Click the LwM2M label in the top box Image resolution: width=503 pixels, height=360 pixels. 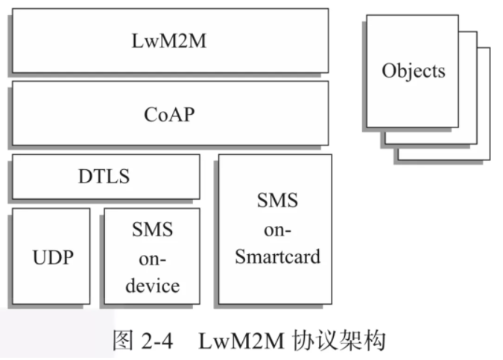pyautogui.click(x=170, y=40)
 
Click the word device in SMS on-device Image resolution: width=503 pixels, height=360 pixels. pyautogui.click(x=152, y=285)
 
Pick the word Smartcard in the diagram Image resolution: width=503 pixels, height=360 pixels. pyautogui.click(x=277, y=257)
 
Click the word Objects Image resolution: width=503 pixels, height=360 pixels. pyautogui.click(x=413, y=71)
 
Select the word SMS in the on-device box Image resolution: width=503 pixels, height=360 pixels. pyautogui.click(x=152, y=230)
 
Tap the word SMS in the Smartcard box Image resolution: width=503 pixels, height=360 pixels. pyautogui.click(x=277, y=200)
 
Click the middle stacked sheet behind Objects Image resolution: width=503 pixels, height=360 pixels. pyautogui.click(x=469, y=134)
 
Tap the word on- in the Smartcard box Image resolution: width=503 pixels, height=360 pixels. pyautogui.click(x=277, y=229)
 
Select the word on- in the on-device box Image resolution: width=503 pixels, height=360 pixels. pyautogui.click(x=152, y=258)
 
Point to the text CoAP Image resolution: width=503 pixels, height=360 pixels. pyautogui.click(x=169, y=115)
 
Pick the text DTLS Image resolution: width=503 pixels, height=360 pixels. pyautogui.click(x=104, y=177)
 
